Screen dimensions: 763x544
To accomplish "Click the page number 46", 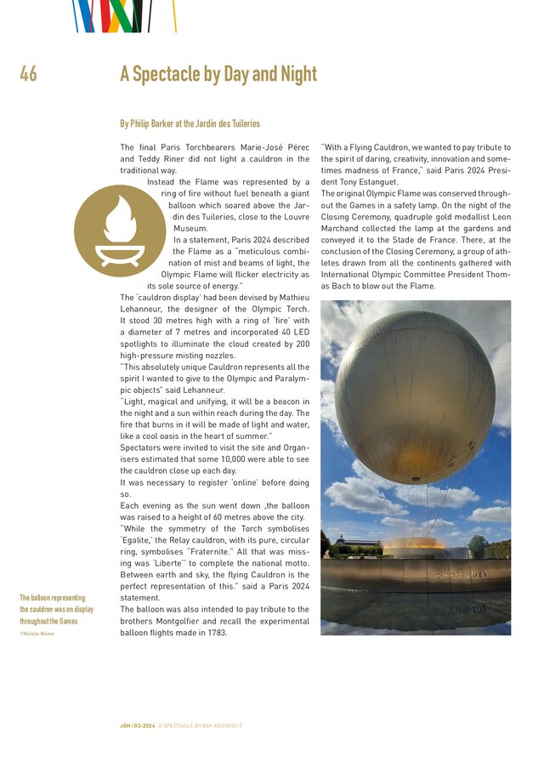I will click(x=28, y=75).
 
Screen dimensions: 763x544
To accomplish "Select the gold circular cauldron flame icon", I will click(x=119, y=230).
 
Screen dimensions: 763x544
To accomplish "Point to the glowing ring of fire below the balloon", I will click(x=414, y=542).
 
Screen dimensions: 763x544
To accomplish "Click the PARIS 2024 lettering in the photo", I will click(x=462, y=574).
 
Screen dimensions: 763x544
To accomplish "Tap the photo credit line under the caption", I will click(x=37, y=634).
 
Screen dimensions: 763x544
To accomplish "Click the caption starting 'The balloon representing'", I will click(x=57, y=610).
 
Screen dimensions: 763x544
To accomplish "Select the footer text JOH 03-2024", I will click(x=138, y=726).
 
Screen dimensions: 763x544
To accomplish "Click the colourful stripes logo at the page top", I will click(x=123, y=15).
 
